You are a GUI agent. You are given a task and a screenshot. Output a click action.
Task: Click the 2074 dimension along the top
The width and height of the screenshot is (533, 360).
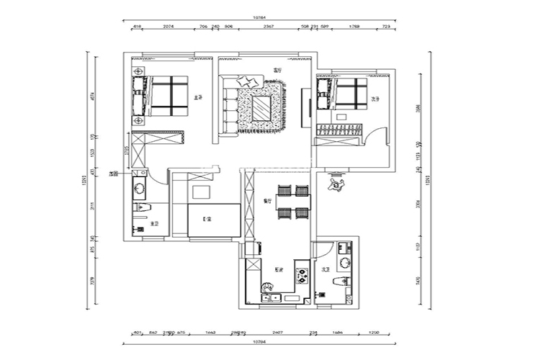[x=168, y=27]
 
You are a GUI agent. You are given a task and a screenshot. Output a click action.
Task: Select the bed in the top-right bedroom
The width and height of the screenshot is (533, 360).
[x=350, y=94]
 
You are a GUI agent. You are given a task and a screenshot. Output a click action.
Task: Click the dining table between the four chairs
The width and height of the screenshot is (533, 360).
[x=293, y=202]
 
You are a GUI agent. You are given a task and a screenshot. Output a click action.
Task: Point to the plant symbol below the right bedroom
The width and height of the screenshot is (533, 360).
[x=335, y=185]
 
